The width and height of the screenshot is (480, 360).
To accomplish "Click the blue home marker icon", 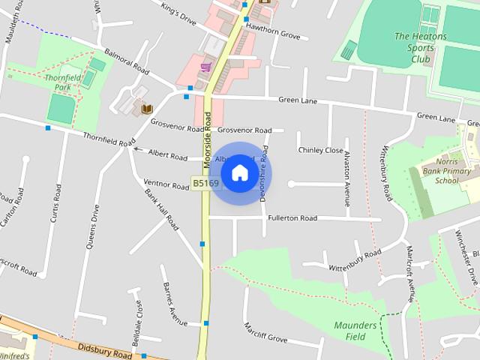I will pyautogui.click(x=239, y=173).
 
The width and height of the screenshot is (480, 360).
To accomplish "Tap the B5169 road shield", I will pyautogui.click(x=205, y=183).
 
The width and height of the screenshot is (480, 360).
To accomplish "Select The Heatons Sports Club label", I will pyautogui.click(x=420, y=46).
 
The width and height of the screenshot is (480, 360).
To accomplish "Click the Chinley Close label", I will pyautogui.click(x=321, y=150).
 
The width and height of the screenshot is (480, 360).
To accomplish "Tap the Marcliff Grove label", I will pyautogui.click(x=265, y=333).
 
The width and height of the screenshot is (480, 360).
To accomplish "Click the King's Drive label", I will pyautogui.click(x=178, y=14).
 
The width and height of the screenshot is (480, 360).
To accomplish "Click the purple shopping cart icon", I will pyautogui.click(x=205, y=67).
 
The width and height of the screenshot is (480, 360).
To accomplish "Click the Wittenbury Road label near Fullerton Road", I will pyautogui.click(x=355, y=259).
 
